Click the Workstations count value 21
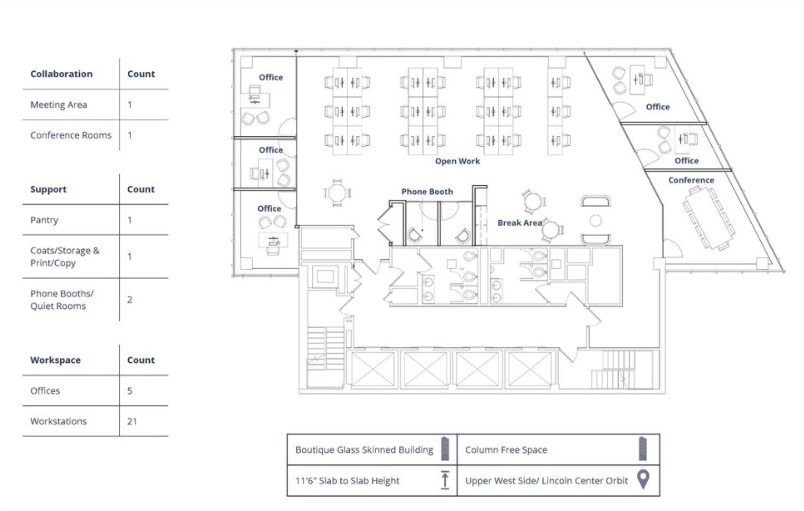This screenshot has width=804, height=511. tap(132, 421)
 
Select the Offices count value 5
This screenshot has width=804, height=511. tap(130, 390)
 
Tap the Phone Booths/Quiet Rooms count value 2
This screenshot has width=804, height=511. tap(130, 300)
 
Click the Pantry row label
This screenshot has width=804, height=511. tap(44, 220)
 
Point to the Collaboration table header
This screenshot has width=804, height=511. tap(61, 74)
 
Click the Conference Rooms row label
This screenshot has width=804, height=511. tap(71, 135)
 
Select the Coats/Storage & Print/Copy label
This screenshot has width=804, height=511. tap(65, 256)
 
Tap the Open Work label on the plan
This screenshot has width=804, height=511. tap(457, 161)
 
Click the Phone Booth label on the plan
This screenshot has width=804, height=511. tap(427, 192)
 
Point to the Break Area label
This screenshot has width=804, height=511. tap(520, 223)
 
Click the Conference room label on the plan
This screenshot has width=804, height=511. tap(691, 180)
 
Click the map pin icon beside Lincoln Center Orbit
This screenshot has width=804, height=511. tap(643, 479)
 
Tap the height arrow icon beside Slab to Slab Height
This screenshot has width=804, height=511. tap(445, 480)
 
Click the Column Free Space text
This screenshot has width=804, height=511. tap(506, 450)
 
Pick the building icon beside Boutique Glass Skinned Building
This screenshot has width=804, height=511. tap(445, 449)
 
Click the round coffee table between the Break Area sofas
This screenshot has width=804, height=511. tap(596, 220)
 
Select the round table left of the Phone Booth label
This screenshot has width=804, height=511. tap(337, 193)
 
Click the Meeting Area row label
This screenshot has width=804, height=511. tap(58, 105)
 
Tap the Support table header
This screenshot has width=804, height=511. tap(48, 189)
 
